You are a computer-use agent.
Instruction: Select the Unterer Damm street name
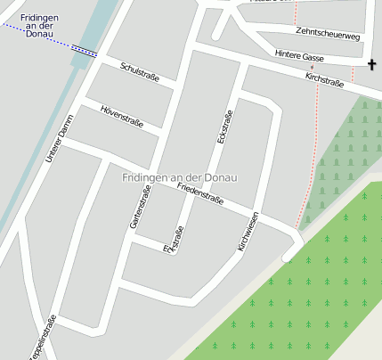pyautogui.click(x=60, y=143)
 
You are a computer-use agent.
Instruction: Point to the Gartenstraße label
pyautogui.click(x=140, y=207)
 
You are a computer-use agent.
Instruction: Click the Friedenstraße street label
pyautogui.click(x=199, y=194)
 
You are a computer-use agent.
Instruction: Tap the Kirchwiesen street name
pyautogui.click(x=248, y=231)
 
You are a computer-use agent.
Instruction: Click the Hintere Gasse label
pyautogui.click(x=299, y=56)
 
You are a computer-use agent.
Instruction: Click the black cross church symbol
pyautogui.click(x=372, y=64)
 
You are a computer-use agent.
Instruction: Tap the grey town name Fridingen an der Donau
pyautogui.click(x=180, y=177)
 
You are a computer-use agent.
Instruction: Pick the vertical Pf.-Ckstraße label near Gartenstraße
pyautogui.click(x=173, y=241)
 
